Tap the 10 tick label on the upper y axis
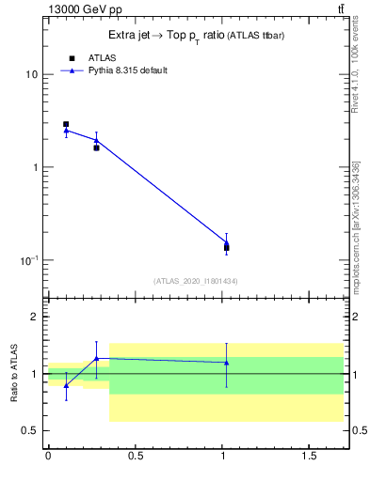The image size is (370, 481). click(x=31, y=74)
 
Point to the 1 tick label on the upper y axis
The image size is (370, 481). click(x=35, y=167)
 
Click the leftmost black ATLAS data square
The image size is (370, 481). click(x=66, y=124)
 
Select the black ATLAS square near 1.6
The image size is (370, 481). click(x=96, y=147)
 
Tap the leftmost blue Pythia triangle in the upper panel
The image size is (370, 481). click(x=66, y=131)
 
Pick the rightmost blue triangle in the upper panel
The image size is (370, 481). click(x=226, y=242)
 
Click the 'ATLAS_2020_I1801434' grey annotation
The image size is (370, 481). click(x=195, y=281)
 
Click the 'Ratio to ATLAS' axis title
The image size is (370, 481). click(x=14, y=373)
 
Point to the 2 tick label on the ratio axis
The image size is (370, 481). click(x=35, y=317)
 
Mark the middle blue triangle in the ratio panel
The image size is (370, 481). click(x=96, y=358)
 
